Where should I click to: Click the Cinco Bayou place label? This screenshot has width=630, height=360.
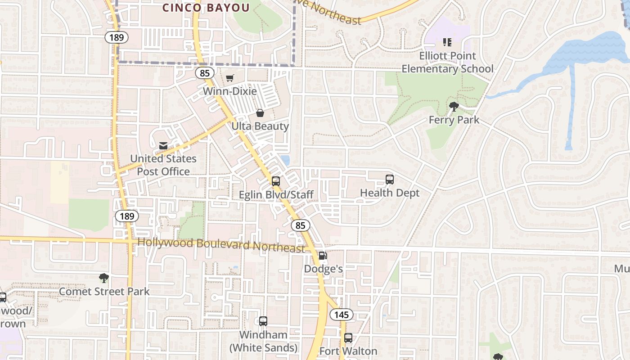(206, 8)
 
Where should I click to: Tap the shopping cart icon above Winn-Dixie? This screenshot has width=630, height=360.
(229, 78)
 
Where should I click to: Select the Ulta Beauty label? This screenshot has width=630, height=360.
(260, 126)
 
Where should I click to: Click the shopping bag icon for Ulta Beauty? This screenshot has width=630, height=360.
(260, 112)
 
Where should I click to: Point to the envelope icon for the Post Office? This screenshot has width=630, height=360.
(163, 145)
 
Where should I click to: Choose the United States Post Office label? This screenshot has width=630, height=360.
(163, 165)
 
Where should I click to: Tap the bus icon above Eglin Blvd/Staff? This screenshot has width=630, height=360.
(276, 181)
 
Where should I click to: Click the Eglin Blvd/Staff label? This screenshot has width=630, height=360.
(276, 195)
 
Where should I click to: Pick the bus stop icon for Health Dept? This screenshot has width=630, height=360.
(390, 180)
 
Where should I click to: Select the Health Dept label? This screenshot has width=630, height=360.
(390, 193)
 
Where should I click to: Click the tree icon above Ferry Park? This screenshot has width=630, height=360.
(454, 107)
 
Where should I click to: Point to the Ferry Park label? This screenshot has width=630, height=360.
(454, 120)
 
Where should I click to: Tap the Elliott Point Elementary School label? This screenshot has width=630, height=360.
(447, 63)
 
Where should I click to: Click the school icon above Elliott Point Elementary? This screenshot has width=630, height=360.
(447, 42)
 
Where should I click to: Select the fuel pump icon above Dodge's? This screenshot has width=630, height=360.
(323, 256)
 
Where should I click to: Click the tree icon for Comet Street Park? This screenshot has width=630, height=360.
(104, 278)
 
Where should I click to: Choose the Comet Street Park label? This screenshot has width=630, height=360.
(104, 292)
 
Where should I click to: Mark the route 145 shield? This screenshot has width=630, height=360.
(342, 315)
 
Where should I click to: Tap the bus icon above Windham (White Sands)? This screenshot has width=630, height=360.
(263, 321)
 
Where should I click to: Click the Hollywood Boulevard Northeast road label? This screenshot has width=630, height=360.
(221, 245)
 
